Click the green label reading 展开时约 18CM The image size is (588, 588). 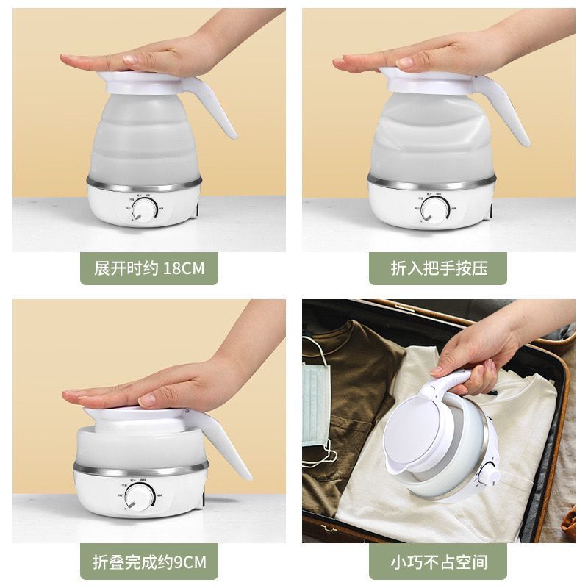click(149, 268)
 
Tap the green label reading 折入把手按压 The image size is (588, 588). click(439, 268)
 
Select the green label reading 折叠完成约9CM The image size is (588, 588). click(149, 564)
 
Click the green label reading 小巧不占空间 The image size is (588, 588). click(439, 564)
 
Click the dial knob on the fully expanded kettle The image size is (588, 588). click(148, 211)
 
